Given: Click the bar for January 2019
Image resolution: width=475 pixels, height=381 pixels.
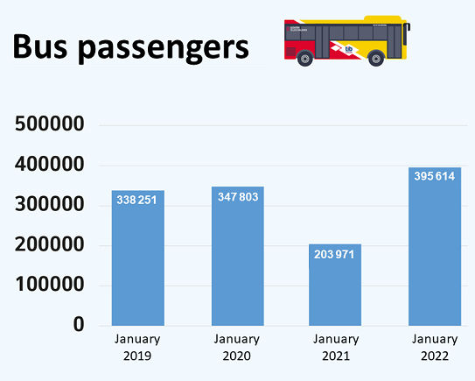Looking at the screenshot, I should click(138, 263).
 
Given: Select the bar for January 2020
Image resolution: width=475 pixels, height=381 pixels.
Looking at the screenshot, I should click(237, 263).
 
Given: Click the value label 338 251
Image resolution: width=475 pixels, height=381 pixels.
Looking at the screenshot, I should click(138, 200).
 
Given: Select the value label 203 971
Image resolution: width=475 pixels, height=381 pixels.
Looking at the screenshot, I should click(336, 254).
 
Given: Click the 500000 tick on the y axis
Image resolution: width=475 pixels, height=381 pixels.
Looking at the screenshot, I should click(50, 124).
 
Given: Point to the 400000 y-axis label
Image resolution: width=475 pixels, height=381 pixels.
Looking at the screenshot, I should click(50, 165).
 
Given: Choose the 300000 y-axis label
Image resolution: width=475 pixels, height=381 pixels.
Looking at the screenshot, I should click(50, 205).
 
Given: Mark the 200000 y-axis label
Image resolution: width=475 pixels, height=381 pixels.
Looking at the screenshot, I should click(50, 245).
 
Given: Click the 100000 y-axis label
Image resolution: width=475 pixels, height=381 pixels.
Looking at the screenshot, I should click(50, 285).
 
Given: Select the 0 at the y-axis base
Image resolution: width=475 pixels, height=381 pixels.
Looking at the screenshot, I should click(78, 325).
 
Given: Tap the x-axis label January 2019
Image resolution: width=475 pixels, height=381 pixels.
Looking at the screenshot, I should click(138, 348).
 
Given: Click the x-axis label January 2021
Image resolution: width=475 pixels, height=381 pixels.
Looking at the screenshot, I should click(336, 348).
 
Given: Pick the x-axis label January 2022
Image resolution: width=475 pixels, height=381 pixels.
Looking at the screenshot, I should click(435, 348).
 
